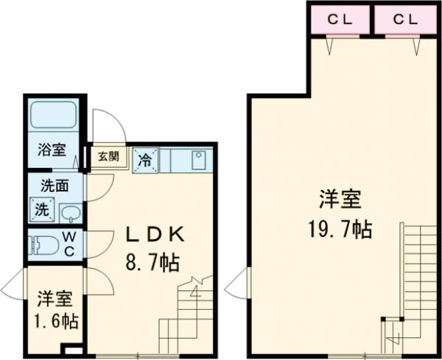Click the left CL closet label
click(x=338, y=20)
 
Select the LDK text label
click(x=155, y=236)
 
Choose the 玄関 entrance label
click(x=108, y=156)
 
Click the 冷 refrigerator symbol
click(x=144, y=160)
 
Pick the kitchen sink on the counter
click(x=198, y=160)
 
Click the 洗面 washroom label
click(x=55, y=186)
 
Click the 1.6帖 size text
click(x=55, y=321)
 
